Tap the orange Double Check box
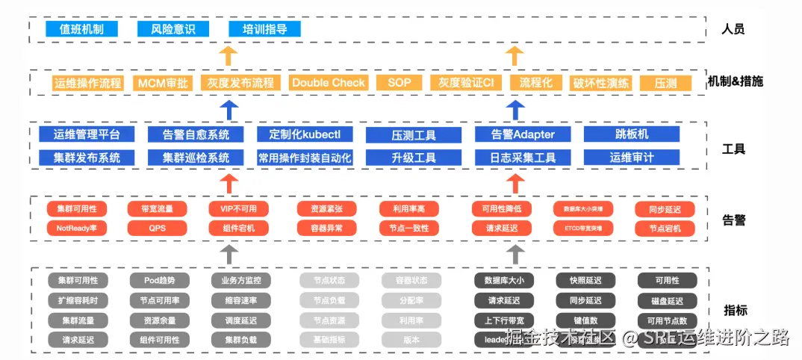coord(329,83)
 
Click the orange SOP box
coord(400,83)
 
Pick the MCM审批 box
coord(163,83)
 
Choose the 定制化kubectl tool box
coord(304,134)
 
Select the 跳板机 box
coord(632,134)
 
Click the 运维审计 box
coord(632,158)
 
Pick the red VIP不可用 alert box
coord(238,209)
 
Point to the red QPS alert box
coord(158,228)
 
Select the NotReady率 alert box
coord(77,228)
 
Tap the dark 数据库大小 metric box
coord(504,280)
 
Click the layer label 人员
coord(733,30)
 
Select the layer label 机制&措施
coord(735,81)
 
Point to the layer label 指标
coord(736,310)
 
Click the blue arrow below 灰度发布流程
coord(230,109)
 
